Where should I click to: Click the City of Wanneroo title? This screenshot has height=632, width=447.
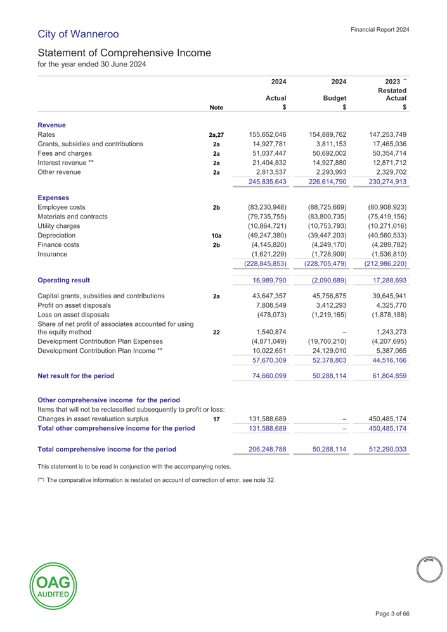[x=78, y=33]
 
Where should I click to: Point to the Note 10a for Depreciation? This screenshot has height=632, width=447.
[x=216, y=235]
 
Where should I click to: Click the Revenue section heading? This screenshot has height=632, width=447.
[x=53, y=125]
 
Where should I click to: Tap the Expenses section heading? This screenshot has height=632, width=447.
[x=55, y=198]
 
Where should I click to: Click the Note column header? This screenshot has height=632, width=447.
[x=216, y=108]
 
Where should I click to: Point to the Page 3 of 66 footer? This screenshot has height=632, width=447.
[x=392, y=613]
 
